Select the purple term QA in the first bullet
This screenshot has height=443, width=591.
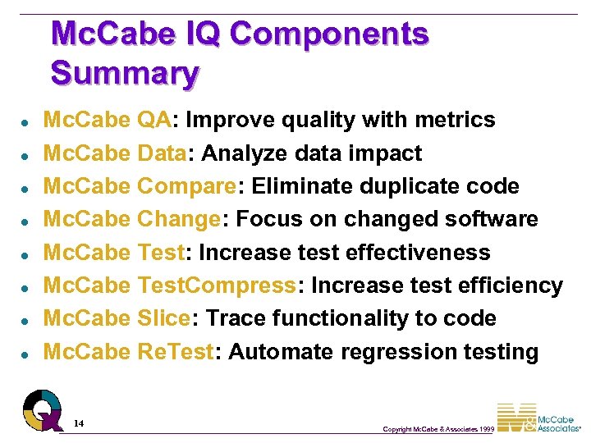point(154,120)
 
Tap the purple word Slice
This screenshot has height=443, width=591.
point(164,318)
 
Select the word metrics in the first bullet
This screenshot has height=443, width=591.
point(456,120)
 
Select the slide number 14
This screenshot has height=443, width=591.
point(78,423)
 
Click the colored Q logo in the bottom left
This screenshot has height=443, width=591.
point(42,408)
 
